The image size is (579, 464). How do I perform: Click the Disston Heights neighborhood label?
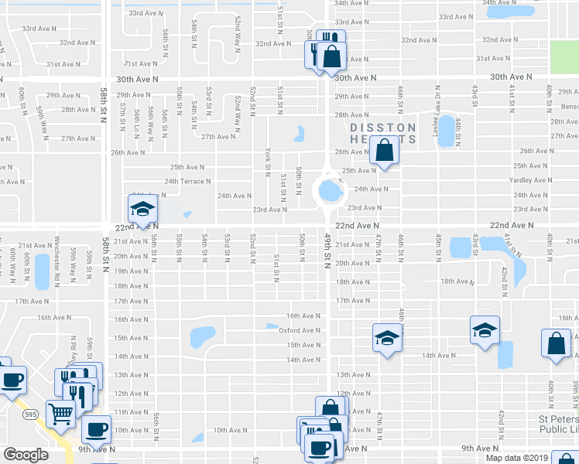[383, 133]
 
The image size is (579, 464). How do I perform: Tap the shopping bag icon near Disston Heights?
[384, 150]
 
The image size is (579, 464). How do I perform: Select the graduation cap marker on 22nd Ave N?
[142, 210]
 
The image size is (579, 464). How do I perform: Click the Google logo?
[26, 455]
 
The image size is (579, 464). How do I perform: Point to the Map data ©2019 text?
[516, 457]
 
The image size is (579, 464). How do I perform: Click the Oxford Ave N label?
[299, 330]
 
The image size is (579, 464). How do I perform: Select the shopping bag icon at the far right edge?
[557, 345]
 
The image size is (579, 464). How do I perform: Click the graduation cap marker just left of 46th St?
[387, 338]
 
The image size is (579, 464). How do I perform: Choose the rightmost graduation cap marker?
[485, 330]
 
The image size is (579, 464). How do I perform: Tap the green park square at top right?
[564, 53]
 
